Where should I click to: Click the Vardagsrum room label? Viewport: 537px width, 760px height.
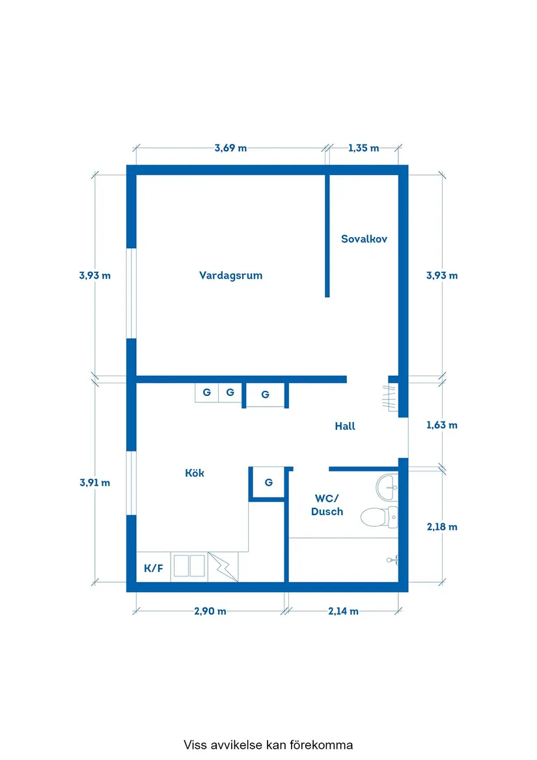pyautogui.click(x=230, y=275)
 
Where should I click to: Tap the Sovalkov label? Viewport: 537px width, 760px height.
pyautogui.click(x=364, y=239)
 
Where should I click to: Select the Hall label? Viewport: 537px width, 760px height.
pyautogui.click(x=345, y=426)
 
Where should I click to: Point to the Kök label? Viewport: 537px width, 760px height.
pyautogui.click(x=195, y=473)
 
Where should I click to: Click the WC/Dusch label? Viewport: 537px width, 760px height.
pyautogui.click(x=327, y=505)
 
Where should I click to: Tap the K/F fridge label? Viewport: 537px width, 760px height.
pyautogui.click(x=153, y=568)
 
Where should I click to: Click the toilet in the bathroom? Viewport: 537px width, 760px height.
pyautogui.click(x=379, y=517)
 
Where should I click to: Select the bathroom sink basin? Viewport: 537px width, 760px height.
pyautogui.click(x=387, y=488)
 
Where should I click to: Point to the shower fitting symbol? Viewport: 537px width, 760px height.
pyautogui.click(x=392, y=560)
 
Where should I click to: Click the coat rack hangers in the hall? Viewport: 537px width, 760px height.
pyautogui.click(x=390, y=397)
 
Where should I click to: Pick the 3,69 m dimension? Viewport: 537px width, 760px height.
pyautogui.click(x=230, y=148)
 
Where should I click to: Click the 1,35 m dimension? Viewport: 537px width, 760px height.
pyautogui.click(x=363, y=148)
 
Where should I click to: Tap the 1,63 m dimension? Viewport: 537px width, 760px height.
pyautogui.click(x=442, y=425)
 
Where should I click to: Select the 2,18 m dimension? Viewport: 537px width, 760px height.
pyautogui.click(x=442, y=527)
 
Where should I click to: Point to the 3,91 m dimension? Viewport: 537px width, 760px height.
pyautogui.click(x=95, y=483)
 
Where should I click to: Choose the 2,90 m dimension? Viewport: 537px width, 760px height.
pyautogui.click(x=210, y=612)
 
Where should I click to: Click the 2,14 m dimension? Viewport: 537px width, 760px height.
pyautogui.click(x=343, y=612)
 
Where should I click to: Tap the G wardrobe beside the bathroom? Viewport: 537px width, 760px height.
pyautogui.click(x=268, y=483)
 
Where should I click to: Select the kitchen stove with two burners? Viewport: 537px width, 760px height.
pyautogui.click(x=189, y=566)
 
